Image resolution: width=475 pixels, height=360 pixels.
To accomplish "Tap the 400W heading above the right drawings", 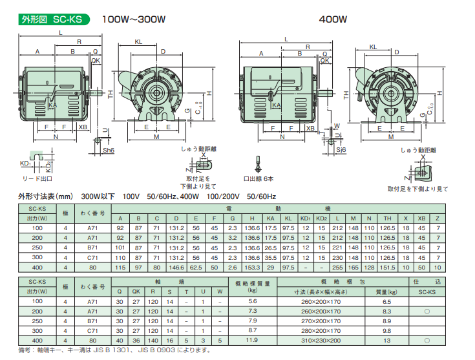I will [333, 19].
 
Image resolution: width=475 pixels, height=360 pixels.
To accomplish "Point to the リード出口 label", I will [37, 178].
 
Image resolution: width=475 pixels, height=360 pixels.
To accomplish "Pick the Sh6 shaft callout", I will [109, 150].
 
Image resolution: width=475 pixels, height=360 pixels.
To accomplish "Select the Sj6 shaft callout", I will [341, 150].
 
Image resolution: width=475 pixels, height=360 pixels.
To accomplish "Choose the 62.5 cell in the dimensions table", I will [196, 267].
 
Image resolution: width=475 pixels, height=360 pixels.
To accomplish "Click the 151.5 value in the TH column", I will [387, 267].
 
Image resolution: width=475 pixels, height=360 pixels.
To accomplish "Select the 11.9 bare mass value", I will [252, 339].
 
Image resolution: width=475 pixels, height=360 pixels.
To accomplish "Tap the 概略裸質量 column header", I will [252, 286].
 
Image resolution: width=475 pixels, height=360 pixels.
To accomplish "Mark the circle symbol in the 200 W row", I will [426, 312].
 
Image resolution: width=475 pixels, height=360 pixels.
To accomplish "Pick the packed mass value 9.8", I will [386, 330].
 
